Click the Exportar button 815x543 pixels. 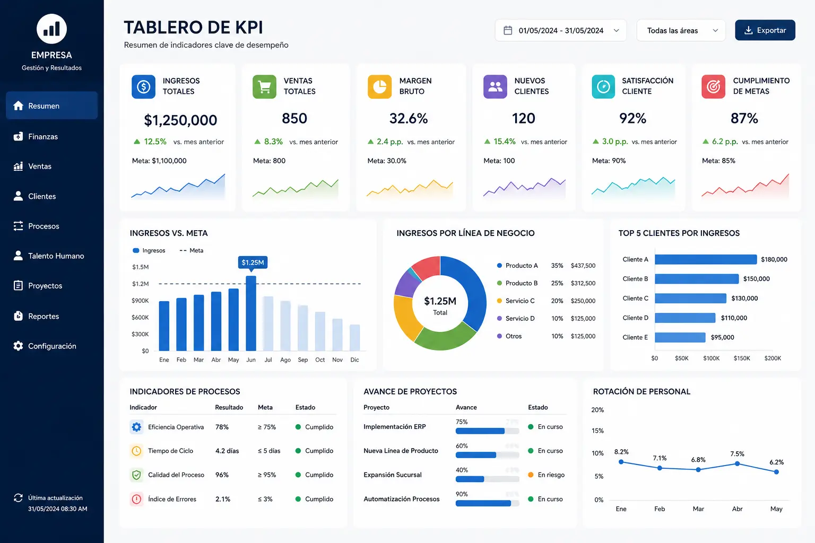click(765, 30)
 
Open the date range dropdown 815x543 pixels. click(561, 31)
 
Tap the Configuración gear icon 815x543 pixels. click(18, 346)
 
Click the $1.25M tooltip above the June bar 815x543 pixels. click(253, 262)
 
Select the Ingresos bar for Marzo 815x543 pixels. click(198, 322)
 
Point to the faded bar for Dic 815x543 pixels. click(355, 337)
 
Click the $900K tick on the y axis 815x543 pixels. click(140, 301)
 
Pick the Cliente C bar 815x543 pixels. click(690, 298)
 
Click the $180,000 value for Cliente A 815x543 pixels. click(774, 259)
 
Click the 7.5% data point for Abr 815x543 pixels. click(737, 463)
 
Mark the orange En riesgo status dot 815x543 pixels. click(531, 475)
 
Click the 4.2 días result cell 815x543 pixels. click(227, 451)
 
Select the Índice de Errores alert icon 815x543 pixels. click(136, 499)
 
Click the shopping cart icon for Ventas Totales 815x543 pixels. click(265, 86)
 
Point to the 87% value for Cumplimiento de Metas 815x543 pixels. click(744, 119)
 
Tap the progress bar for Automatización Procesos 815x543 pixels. click(487, 503)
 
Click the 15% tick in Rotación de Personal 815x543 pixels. click(597, 431)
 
